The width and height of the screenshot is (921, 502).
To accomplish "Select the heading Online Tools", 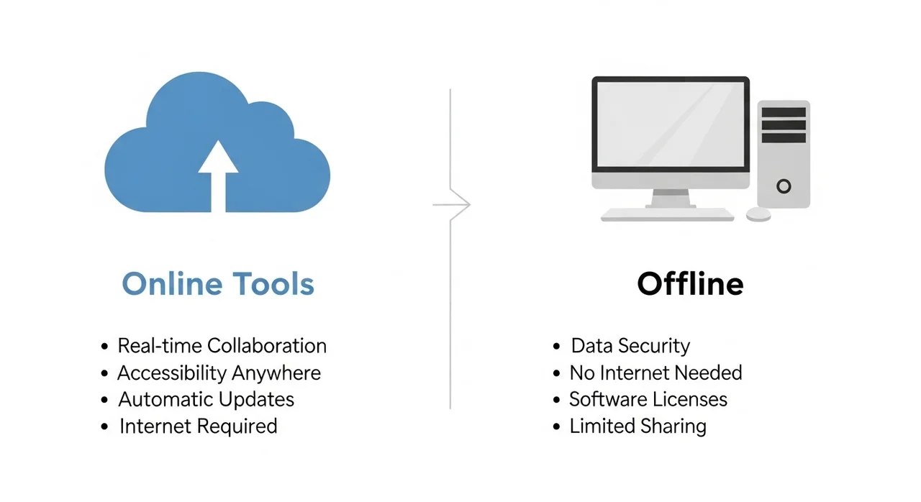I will point(218,284).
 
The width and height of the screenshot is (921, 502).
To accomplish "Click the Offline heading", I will point(690,284).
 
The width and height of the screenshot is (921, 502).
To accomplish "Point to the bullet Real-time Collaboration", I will point(222,346).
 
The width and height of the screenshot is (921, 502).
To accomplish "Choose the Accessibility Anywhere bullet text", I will point(219,373).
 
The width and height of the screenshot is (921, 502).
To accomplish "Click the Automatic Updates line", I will point(206,400).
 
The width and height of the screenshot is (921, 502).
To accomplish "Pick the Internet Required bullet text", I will point(198,426).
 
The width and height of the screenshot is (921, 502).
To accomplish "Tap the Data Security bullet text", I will point(630,346).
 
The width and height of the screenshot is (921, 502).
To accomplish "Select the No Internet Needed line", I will point(655,373).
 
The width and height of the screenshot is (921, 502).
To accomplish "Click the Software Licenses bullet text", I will point(648,400).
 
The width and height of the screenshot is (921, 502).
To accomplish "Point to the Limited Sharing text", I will point(638,426).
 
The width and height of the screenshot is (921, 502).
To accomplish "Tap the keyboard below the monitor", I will point(667,214).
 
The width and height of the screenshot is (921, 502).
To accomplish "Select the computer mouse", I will point(758,214).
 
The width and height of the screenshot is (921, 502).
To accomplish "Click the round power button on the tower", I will point(784,186).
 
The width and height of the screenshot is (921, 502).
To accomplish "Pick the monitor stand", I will point(671,197).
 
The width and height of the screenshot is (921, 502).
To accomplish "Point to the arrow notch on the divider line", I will point(460,205).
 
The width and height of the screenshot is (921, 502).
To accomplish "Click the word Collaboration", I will point(267,346).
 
